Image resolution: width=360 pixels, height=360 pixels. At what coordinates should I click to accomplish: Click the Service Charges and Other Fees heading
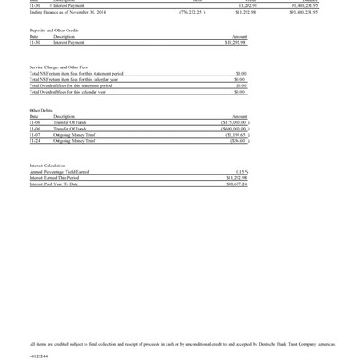click(x=58, y=67)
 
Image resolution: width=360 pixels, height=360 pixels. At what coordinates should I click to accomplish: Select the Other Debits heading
click(x=40, y=110)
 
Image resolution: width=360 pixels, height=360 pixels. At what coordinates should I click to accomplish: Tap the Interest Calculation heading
click(x=47, y=166)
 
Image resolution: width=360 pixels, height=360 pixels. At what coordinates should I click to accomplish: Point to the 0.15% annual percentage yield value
click(x=241, y=172)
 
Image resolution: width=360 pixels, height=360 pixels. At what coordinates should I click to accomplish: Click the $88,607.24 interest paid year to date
click(x=237, y=184)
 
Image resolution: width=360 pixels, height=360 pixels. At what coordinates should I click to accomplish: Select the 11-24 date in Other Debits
click(x=34, y=141)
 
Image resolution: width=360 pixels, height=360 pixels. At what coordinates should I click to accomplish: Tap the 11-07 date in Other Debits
click(x=34, y=135)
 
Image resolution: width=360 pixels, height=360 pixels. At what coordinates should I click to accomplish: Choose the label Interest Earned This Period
click(x=54, y=178)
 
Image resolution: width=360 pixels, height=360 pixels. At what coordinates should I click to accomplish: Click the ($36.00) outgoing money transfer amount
click(x=238, y=141)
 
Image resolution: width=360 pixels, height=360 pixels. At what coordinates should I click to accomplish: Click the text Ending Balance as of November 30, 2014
click(x=67, y=12)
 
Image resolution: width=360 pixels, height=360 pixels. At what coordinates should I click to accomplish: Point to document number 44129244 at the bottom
click(x=39, y=355)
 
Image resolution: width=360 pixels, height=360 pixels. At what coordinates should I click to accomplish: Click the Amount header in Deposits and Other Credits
click(x=239, y=37)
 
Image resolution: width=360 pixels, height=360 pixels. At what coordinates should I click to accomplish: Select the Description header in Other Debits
click(x=65, y=117)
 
